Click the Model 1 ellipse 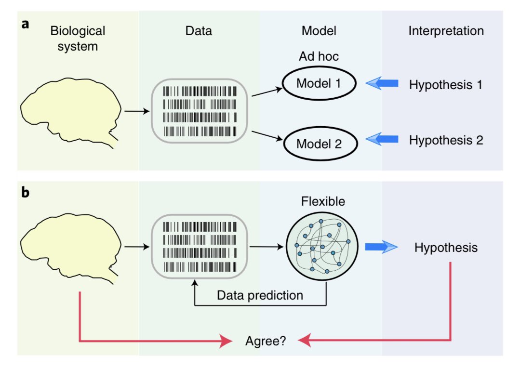tap(319, 84)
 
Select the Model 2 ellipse tap(319, 143)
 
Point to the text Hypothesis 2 tap(445, 140)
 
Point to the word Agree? tap(265, 342)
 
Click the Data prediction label tap(260, 295)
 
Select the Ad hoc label tap(319, 56)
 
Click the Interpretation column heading tap(446, 32)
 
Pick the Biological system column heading tap(78, 39)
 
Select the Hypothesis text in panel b tap(446, 248)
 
